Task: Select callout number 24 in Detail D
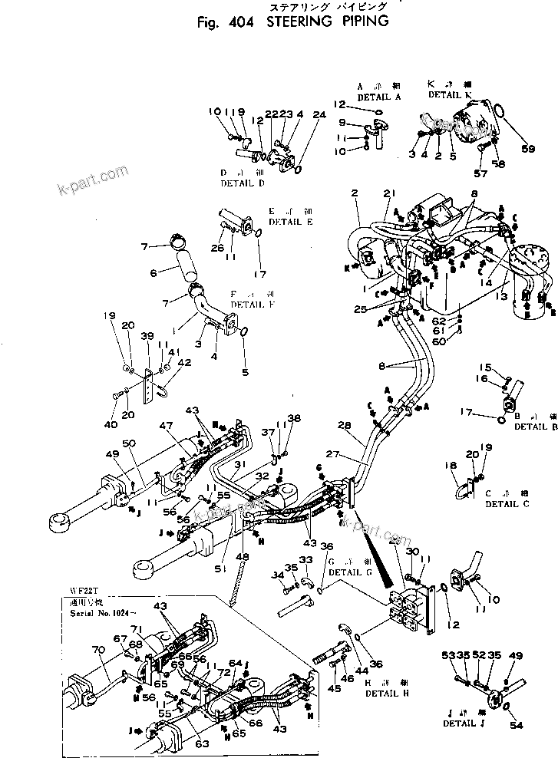tap(319, 114)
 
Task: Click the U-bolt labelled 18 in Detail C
tap(463, 489)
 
